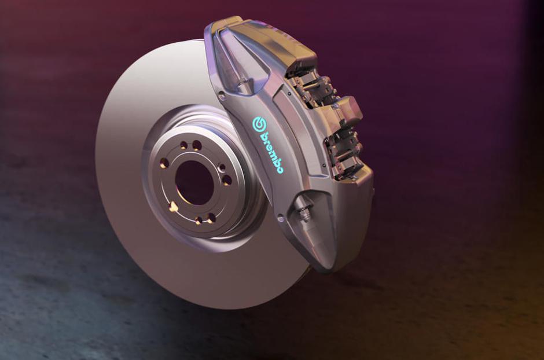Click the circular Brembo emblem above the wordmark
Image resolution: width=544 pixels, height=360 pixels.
(x=259, y=123)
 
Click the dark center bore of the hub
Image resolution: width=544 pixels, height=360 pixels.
(x=193, y=182)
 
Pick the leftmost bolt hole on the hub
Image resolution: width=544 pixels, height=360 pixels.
(x=164, y=163)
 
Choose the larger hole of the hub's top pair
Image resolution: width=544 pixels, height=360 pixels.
(x=197, y=145)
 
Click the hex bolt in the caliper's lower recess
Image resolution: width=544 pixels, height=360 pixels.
(x=305, y=215)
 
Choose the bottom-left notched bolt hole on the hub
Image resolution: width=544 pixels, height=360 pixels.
(x=174, y=207)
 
